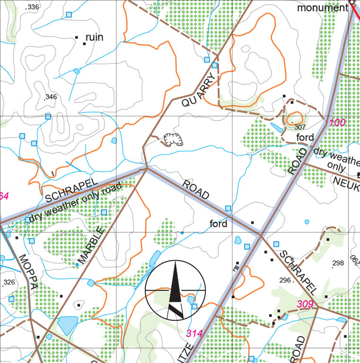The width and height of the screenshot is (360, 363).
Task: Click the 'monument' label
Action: (322, 8)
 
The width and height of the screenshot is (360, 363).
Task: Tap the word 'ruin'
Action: (94, 37)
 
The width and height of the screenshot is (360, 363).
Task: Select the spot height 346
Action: (50, 97)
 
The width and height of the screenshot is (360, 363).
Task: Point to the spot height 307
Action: (299, 127)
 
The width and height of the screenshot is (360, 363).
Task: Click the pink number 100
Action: (337, 122)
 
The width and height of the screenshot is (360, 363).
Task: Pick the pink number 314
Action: (194, 334)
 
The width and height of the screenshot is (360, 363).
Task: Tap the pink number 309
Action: (305, 304)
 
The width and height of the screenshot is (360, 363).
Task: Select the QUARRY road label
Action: (199, 89)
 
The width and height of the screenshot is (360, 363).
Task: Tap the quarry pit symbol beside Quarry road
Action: (173, 139)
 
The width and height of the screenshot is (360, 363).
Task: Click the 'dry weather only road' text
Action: (75, 203)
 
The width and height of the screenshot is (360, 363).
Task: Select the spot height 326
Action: (9, 283)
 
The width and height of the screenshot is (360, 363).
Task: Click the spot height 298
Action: (338, 263)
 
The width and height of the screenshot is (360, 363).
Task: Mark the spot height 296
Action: (285, 280)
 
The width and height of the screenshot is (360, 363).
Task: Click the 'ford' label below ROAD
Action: (219, 224)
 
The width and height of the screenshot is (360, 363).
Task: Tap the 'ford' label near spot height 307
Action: (305, 138)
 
